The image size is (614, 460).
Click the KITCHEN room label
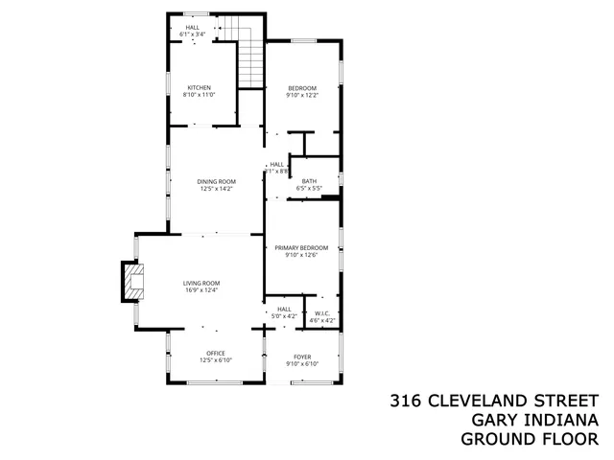click(x=199, y=88)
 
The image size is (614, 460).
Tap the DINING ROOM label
click(x=217, y=182)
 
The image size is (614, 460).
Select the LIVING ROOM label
click(x=202, y=283)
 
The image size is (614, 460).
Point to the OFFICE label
click(x=216, y=354)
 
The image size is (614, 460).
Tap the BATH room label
click(x=309, y=181)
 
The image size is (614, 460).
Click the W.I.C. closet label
click(x=321, y=314)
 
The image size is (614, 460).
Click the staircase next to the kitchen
click(x=249, y=58)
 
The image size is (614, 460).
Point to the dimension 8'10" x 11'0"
click(x=199, y=95)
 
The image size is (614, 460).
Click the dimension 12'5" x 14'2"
click(x=217, y=189)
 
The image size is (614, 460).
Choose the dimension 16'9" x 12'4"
click(x=202, y=289)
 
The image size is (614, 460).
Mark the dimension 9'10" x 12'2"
click(x=301, y=95)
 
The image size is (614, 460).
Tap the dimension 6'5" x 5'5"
click(x=309, y=188)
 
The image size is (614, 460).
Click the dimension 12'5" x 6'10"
click(x=216, y=360)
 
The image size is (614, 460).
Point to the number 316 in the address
click(x=407, y=401)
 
